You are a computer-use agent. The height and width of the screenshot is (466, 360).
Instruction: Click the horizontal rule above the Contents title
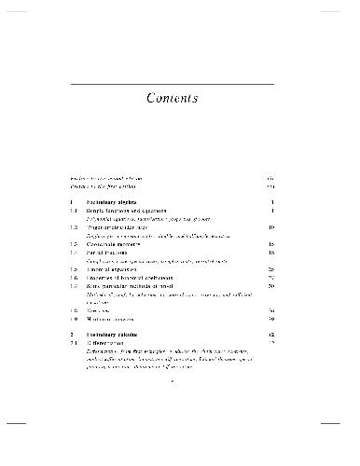[x=180, y=84]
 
